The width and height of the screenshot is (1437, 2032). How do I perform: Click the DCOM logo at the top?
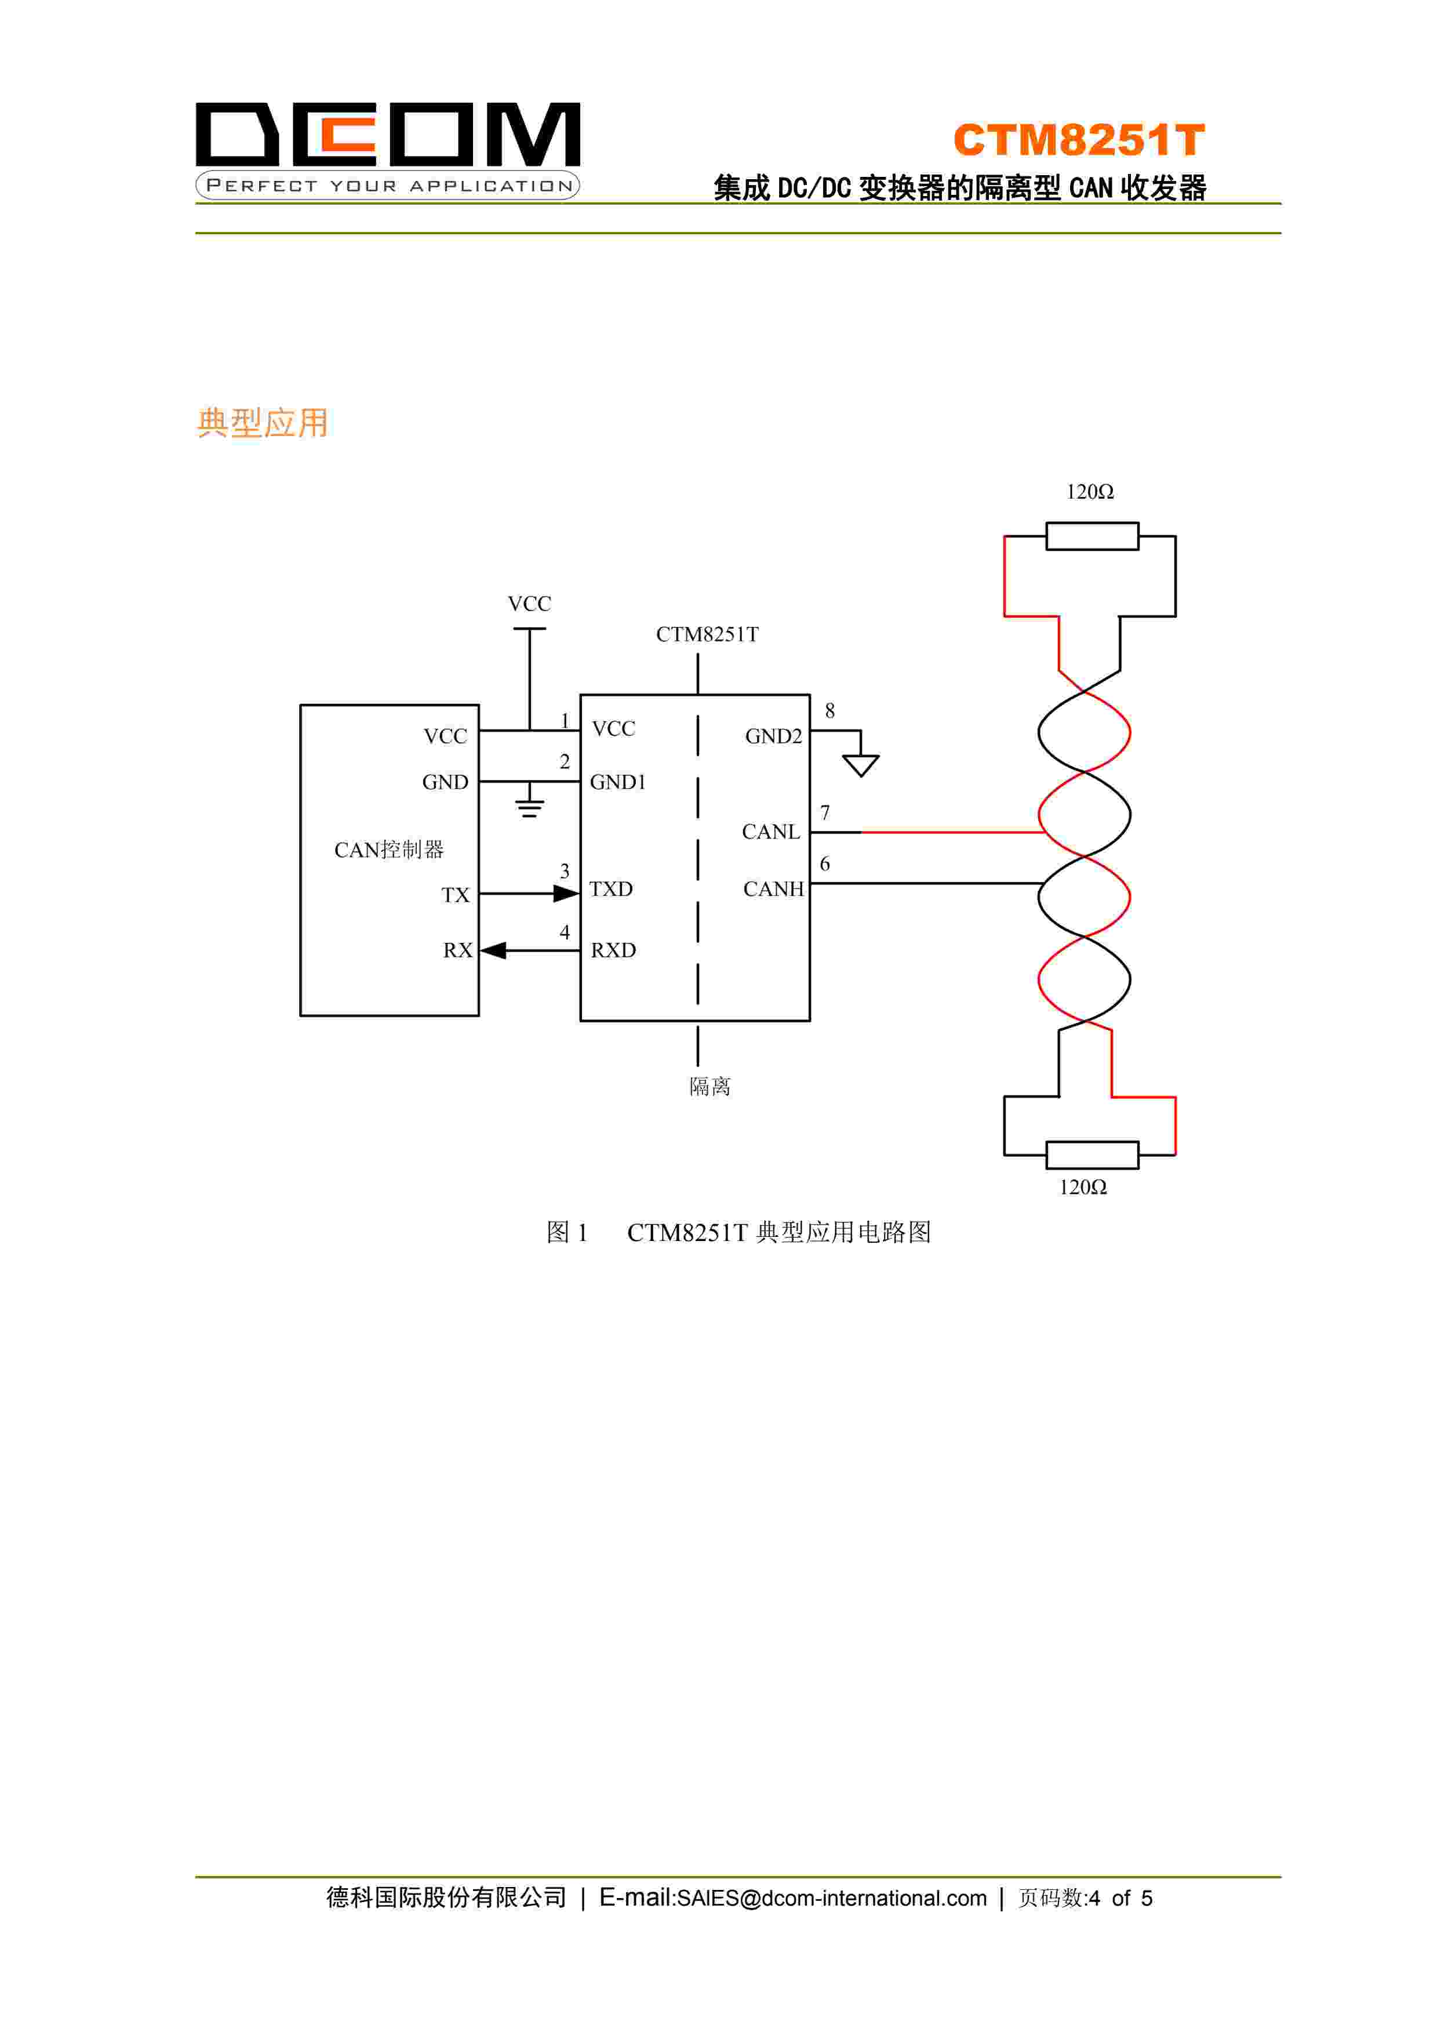(388, 148)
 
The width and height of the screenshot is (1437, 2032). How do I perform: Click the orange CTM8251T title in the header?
(1079, 140)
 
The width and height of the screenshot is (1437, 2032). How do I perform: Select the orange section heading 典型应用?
(262, 423)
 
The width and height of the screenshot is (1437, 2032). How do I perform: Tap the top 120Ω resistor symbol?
(1092, 536)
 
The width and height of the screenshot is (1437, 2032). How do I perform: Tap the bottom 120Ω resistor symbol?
(1092, 1155)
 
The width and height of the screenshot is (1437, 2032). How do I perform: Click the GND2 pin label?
(773, 736)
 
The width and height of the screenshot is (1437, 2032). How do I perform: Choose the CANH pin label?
(773, 890)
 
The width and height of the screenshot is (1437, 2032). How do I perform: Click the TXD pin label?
(612, 890)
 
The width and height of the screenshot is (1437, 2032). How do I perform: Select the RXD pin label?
(613, 950)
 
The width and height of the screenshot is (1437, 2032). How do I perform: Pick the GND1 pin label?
(617, 782)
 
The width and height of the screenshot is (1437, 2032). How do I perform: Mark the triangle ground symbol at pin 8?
(860, 765)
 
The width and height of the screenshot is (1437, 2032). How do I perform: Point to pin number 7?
(825, 812)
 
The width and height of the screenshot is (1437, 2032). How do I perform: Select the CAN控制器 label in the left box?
(388, 851)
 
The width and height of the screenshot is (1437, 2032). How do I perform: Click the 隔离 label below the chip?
(710, 1087)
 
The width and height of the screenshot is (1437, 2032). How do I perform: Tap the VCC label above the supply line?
(529, 604)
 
